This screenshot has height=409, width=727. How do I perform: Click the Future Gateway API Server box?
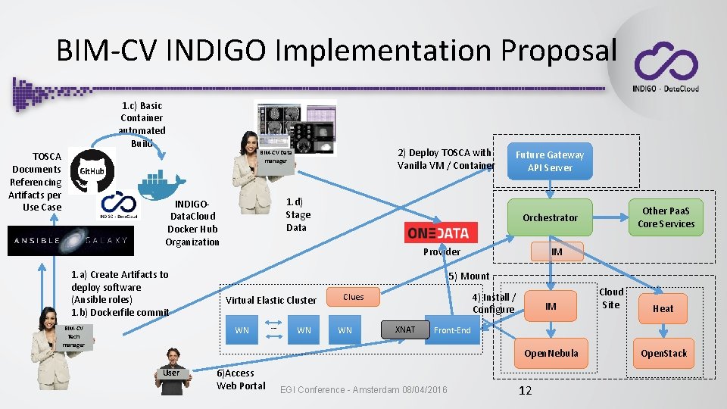tap(550, 161)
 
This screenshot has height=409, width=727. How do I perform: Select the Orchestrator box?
tap(550, 217)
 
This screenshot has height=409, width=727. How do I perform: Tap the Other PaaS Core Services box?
tap(666, 217)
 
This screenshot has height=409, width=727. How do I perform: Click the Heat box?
tap(663, 308)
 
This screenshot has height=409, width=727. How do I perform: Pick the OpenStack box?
tap(663, 353)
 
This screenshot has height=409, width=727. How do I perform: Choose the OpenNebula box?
tap(551, 353)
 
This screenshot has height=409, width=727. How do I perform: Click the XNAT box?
tap(404, 329)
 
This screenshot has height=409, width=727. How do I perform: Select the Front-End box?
tap(452, 330)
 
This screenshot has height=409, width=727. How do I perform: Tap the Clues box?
tap(353, 297)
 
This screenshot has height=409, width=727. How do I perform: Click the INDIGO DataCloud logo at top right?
tap(666, 67)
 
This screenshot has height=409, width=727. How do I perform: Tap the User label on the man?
tap(171, 372)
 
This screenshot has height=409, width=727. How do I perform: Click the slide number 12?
tap(525, 391)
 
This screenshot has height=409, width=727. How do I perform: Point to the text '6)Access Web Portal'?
tap(241, 379)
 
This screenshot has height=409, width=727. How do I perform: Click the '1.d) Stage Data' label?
tap(297, 214)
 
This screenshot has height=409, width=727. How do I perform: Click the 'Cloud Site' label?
tap(611, 298)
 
